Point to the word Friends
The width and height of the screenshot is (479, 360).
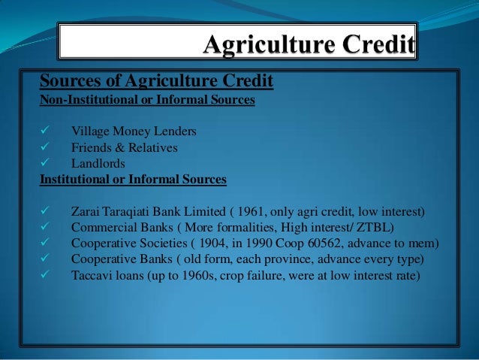[x=92, y=148]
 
